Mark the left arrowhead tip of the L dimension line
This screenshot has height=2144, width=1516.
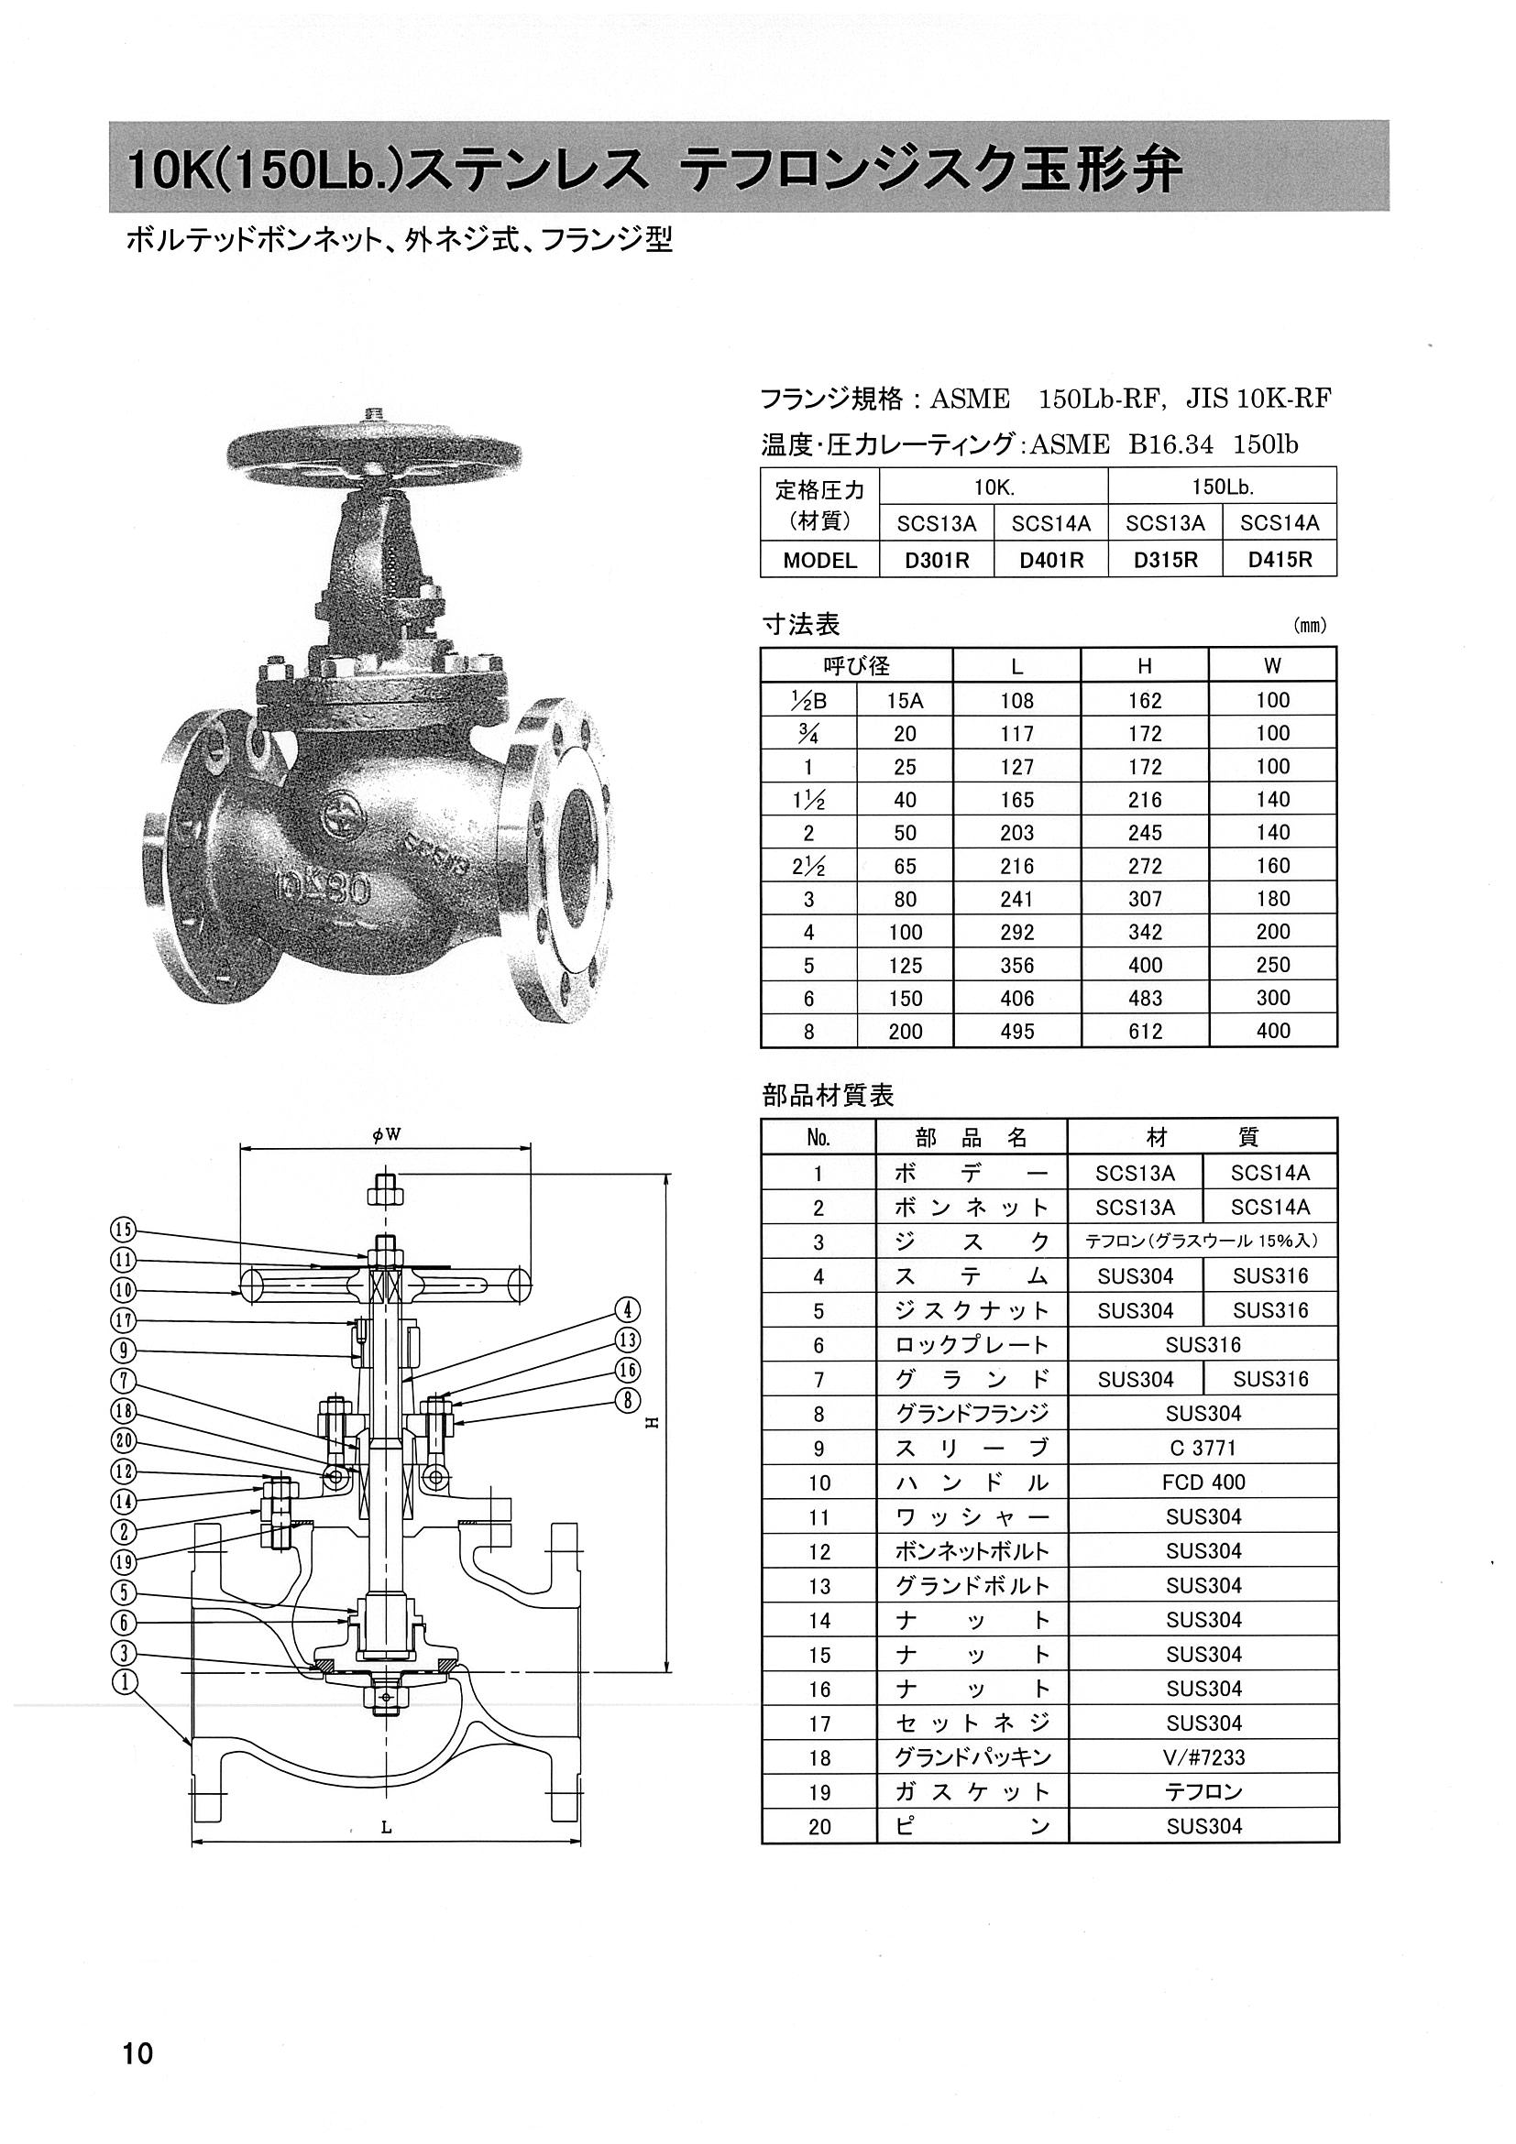pyautogui.click(x=192, y=1843)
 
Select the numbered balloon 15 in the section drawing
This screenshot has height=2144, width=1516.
pyautogui.click(x=124, y=1230)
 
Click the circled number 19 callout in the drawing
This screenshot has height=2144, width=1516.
pyautogui.click(x=125, y=1560)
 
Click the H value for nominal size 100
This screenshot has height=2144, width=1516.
pyautogui.click(x=1144, y=932)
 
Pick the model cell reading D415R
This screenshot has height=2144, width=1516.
pyautogui.click(x=1279, y=559)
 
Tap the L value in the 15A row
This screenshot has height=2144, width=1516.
pyautogui.click(x=1016, y=700)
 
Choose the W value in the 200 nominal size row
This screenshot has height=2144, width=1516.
pyautogui.click(x=1272, y=1031)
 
